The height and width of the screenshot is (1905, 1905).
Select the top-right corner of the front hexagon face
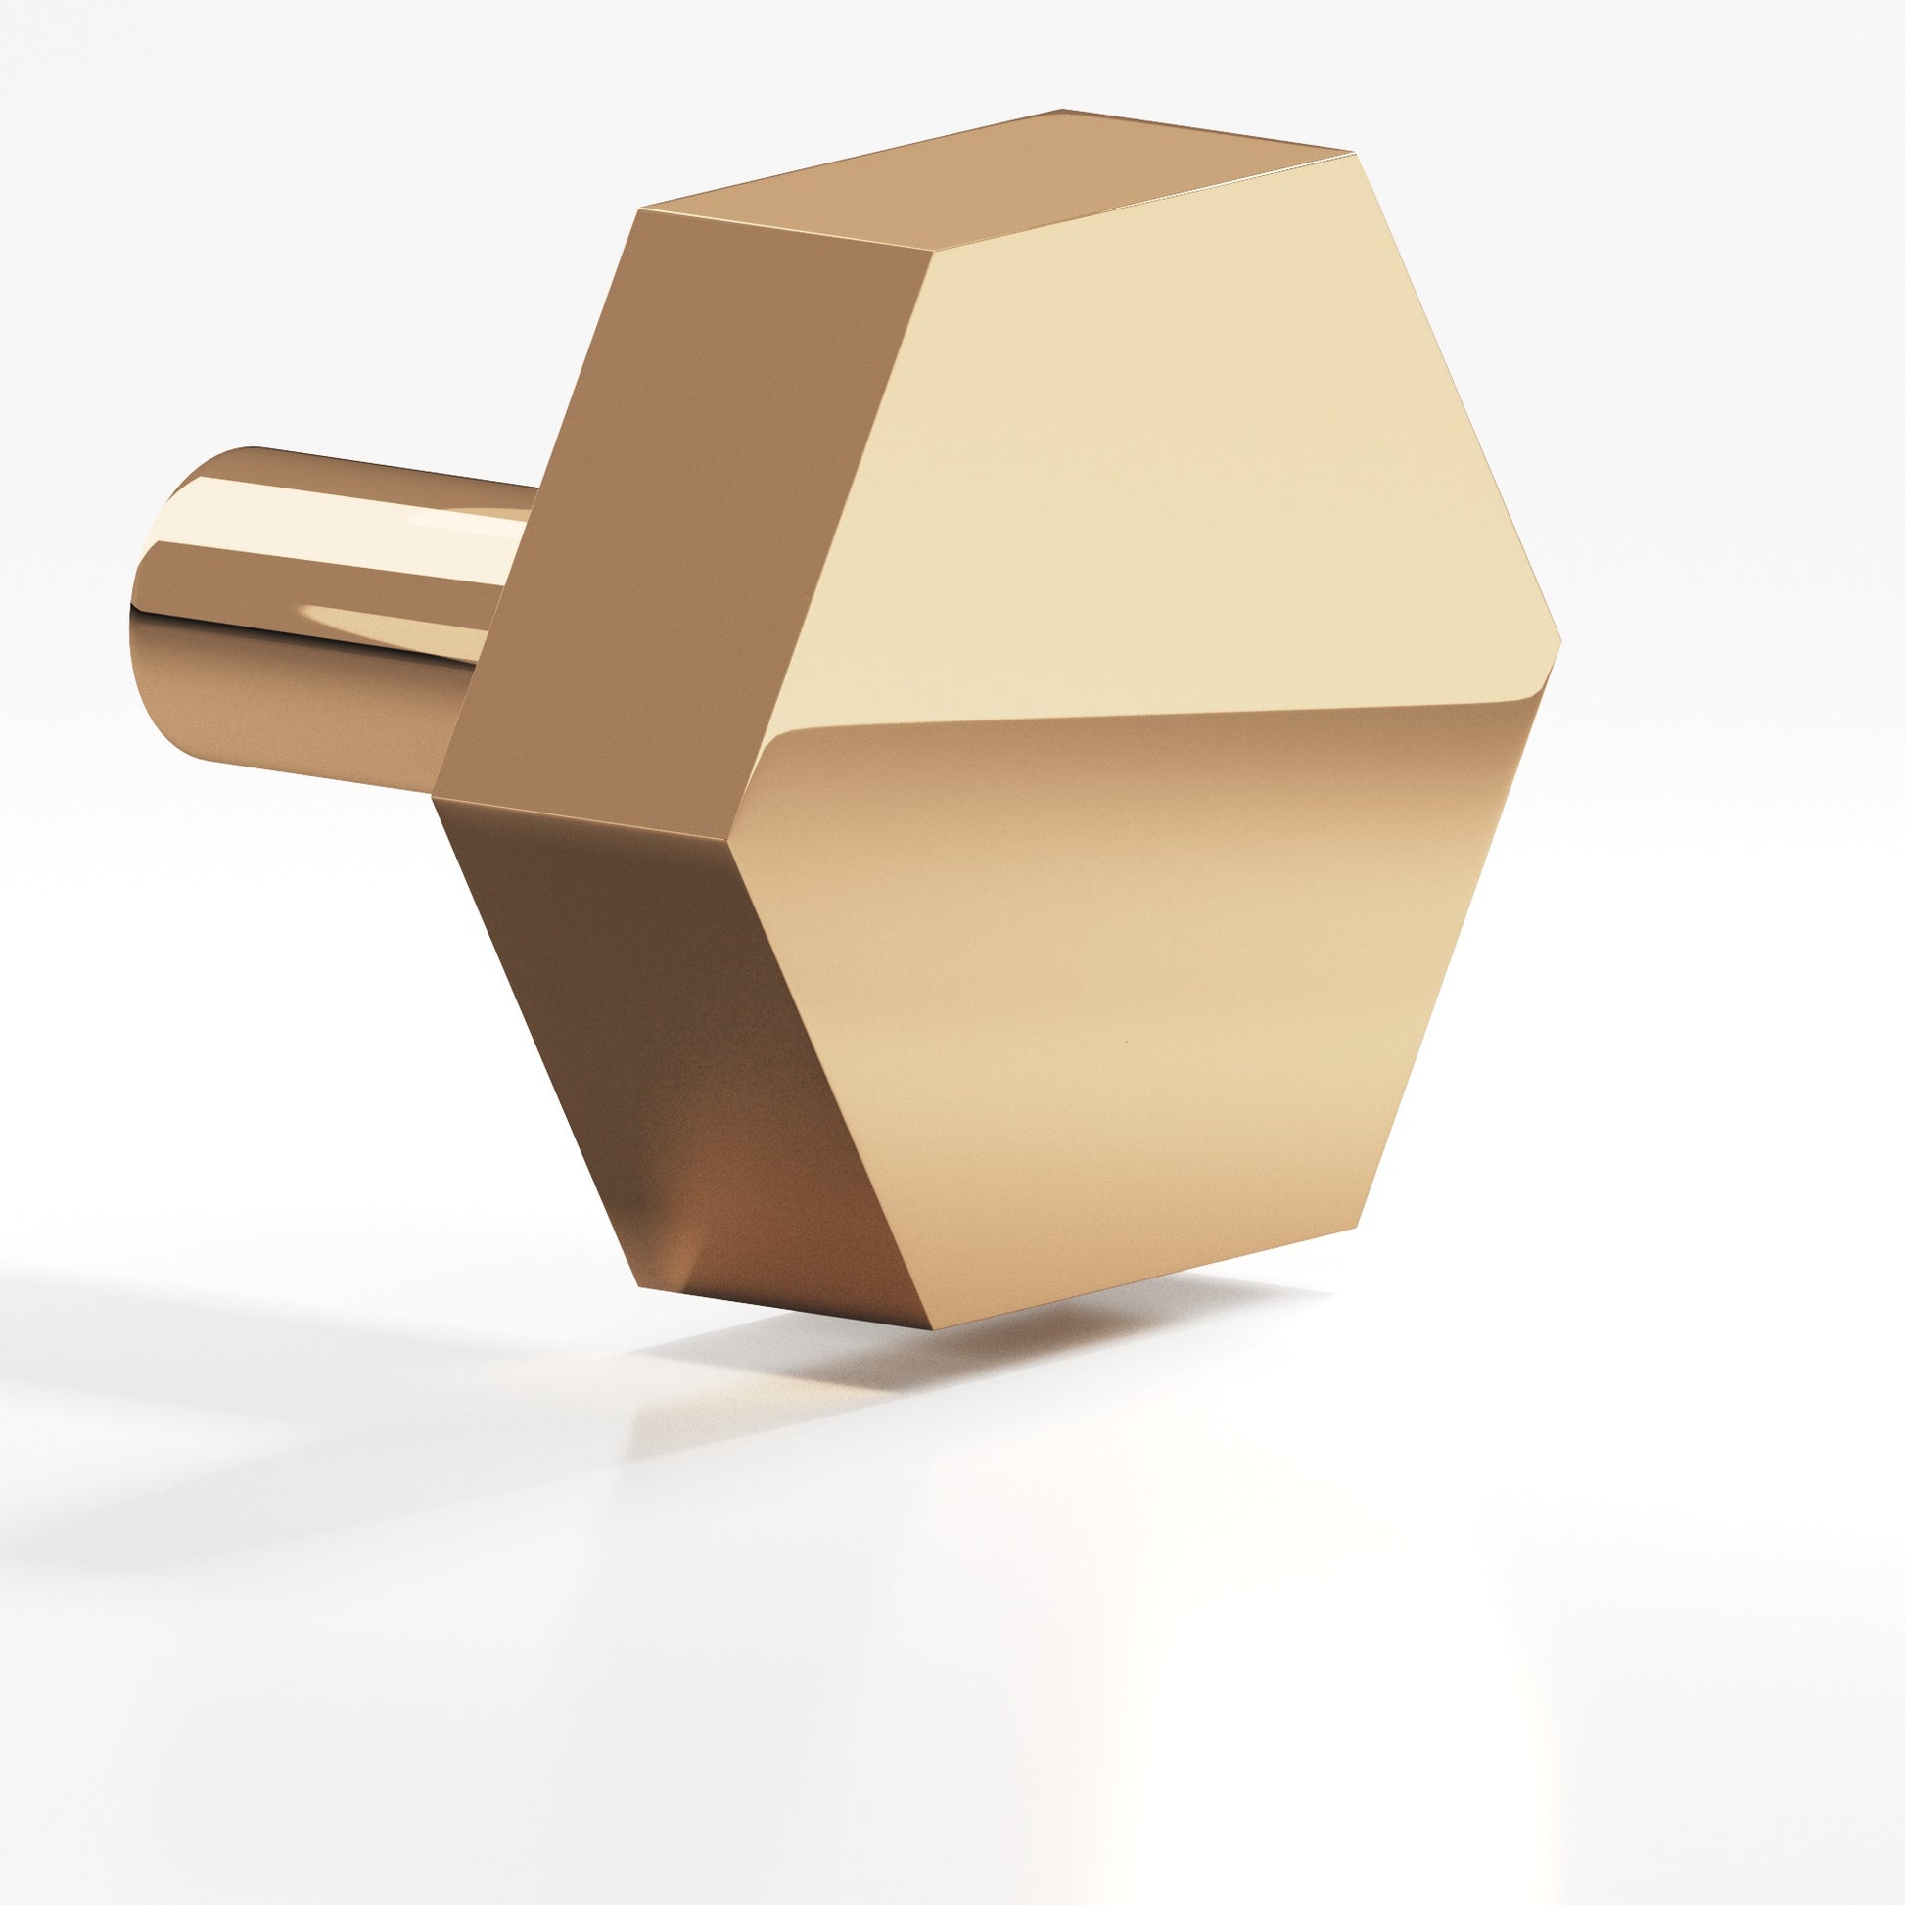pos(1350,154)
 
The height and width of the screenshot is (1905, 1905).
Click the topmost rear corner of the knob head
pos(1063,110)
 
